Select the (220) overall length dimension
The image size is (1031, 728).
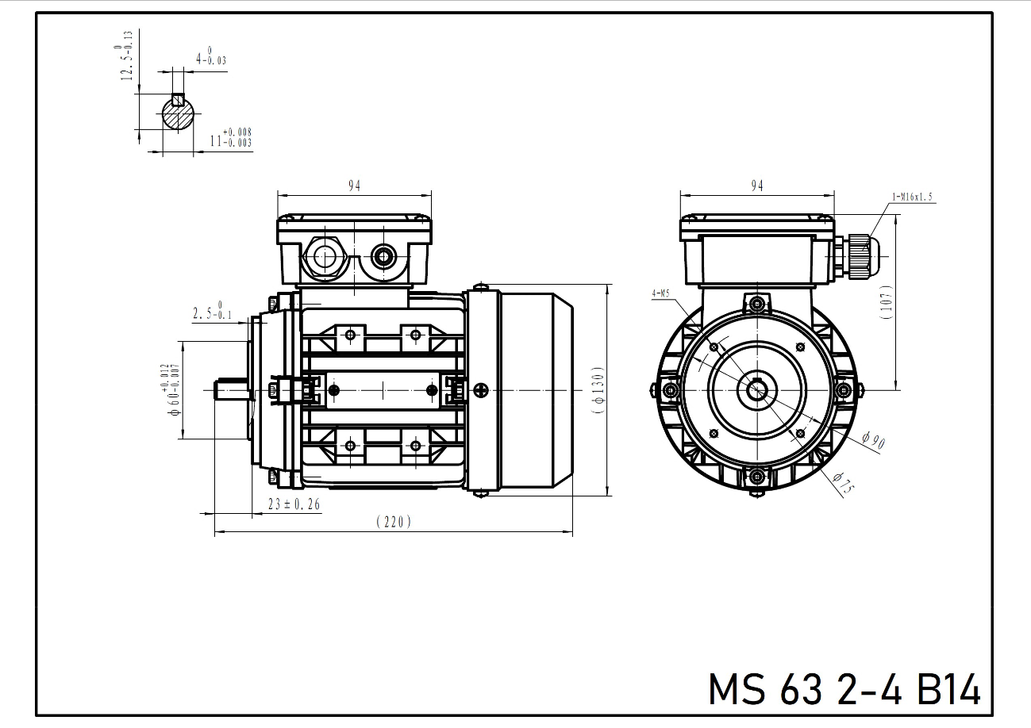(394, 522)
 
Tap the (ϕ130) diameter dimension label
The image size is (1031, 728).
(598, 390)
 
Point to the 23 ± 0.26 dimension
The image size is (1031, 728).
(294, 504)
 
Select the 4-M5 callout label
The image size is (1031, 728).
(660, 293)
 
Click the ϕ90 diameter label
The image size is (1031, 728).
(872, 441)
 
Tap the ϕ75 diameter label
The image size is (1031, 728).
(844, 482)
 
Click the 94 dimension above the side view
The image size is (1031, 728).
(354, 186)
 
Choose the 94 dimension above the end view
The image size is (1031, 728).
(757, 186)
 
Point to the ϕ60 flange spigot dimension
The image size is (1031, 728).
(170, 390)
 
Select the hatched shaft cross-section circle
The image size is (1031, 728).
(178, 114)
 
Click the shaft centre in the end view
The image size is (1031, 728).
(756, 389)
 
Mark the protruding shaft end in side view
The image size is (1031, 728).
(230, 390)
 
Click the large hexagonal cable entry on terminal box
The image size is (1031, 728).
(324, 257)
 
